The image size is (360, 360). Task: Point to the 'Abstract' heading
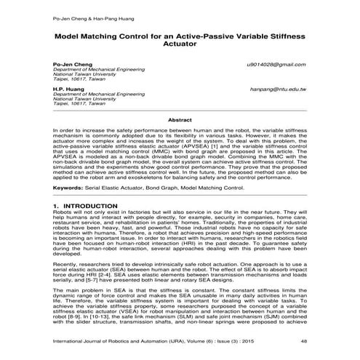pyautogui.click(x=179, y=119)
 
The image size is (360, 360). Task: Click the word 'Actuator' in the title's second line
pyautogui.click(x=179, y=44)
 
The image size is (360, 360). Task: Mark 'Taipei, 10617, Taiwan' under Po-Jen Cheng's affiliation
pyautogui.click(x=79, y=79)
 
